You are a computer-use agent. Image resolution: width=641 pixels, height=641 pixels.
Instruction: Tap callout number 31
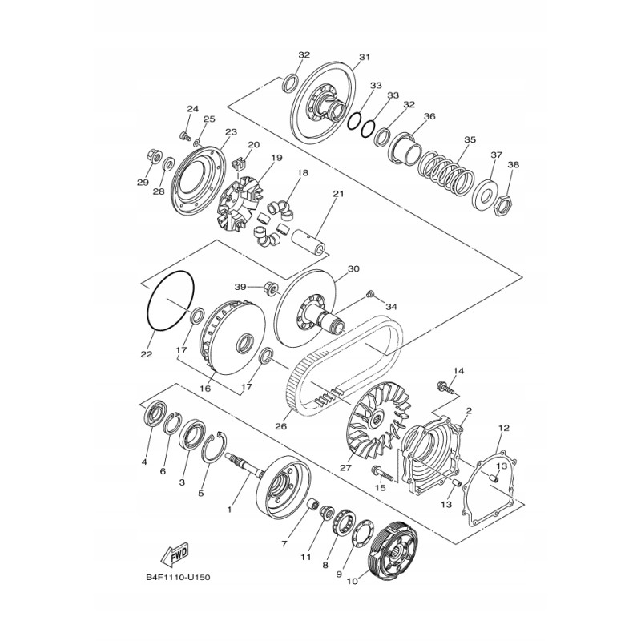pos(365,58)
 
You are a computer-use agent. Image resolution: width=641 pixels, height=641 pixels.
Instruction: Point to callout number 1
pos(229,510)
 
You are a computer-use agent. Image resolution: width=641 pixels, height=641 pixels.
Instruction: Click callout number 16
pos(204,387)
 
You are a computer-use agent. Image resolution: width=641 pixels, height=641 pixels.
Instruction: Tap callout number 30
pos(353,269)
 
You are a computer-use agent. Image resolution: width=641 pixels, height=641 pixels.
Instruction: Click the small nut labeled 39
pos(270,287)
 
